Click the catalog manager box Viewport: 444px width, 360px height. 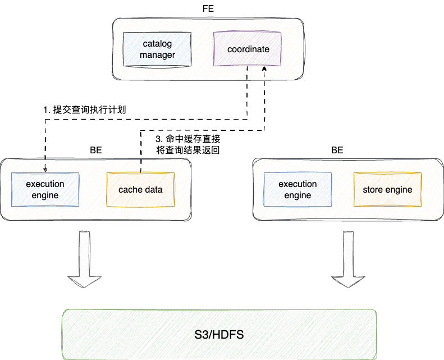click(x=157, y=49)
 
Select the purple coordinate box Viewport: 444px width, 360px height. click(x=248, y=49)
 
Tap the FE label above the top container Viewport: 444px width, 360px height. click(x=208, y=10)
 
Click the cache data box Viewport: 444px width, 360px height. click(x=140, y=189)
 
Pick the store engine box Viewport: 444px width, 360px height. click(x=387, y=189)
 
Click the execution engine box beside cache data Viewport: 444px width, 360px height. click(x=45, y=189)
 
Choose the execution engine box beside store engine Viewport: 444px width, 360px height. click(x=297, y=189)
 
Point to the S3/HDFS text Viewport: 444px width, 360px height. click(x=219, y=335)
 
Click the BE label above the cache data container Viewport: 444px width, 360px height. click(x=96, y=151)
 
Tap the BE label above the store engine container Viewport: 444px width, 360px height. click(x=337, y=151)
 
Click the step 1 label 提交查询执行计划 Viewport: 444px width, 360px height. click(x=84, y=110)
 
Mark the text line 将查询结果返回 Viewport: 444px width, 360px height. click(x=187, y=151)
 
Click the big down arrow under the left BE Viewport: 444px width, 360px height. click(x=84, y=258)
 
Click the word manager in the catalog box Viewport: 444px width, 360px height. click(x=157, y=55)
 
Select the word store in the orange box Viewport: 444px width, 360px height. click(x=373, y=189)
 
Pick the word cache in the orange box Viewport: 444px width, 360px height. click(x=130, y=189)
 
